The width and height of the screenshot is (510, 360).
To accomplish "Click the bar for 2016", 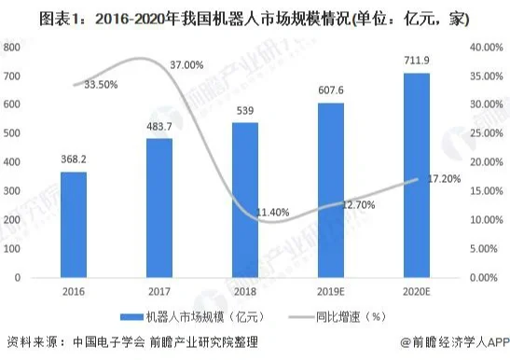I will [x=74, y=225].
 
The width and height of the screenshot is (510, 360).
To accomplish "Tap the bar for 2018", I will [x=244, y=201].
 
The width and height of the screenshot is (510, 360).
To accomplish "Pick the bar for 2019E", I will [x=331, y=190].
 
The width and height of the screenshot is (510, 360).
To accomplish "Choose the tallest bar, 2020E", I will [x=416, y=175].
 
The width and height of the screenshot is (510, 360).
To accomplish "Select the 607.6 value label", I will [x=331, y=91].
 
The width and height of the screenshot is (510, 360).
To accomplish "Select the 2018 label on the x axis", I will [x=244, y=292].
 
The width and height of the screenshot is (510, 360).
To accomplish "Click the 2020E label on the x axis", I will [x=416, y=292].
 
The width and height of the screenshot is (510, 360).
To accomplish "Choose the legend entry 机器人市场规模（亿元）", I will [x=191, y=317].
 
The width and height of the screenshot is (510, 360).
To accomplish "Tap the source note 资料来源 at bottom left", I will [x=131, y=343].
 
